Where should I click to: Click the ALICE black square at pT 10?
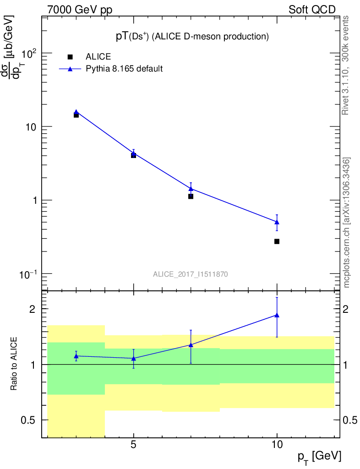277,241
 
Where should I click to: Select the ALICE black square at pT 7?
191,196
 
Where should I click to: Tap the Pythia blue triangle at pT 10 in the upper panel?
277,222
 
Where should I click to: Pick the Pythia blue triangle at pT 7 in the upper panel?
191,188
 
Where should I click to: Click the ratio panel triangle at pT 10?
277,315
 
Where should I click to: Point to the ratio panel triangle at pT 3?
76,356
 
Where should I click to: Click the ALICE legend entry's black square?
70,57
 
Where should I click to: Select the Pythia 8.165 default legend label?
125,69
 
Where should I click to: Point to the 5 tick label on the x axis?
133,444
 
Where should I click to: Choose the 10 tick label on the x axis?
277,444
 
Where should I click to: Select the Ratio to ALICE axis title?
14,364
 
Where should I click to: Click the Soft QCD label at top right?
312,10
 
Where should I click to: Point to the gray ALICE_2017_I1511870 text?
191,274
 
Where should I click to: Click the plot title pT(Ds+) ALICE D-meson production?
191,36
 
